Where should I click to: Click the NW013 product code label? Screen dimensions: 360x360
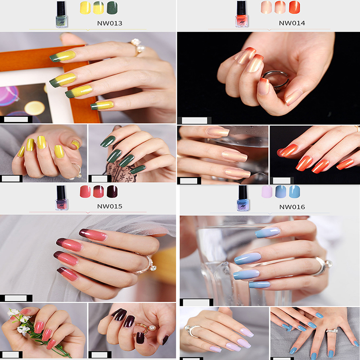tap(110, 23)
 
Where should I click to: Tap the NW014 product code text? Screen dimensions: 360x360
tap(292, 23)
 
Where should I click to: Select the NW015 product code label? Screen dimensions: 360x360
tap(110, 206)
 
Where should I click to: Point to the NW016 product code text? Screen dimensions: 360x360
tap(292, 207)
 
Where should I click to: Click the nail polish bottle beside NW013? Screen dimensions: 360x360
tap(62, 14)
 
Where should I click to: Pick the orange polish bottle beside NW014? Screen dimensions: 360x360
tap(242, 14)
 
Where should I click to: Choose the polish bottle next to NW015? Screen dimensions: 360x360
tap(62, 198)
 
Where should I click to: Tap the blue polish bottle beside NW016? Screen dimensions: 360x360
tap(243, 198)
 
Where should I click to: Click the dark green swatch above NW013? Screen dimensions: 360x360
tap(112, 8)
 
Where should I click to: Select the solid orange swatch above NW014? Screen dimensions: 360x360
tap(294, 7)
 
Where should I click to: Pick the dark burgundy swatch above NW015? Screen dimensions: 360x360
tap(112, 192)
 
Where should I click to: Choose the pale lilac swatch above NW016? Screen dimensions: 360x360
tap(267, 192)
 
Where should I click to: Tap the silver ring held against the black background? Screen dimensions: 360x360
tap(275, 80)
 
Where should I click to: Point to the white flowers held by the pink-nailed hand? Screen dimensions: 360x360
tap(19, 320)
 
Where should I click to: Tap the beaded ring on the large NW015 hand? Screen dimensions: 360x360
tap(146, 265)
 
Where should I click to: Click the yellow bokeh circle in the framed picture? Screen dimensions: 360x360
tap(35, 108)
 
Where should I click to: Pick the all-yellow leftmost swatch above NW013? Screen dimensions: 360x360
tap(85, 8)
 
